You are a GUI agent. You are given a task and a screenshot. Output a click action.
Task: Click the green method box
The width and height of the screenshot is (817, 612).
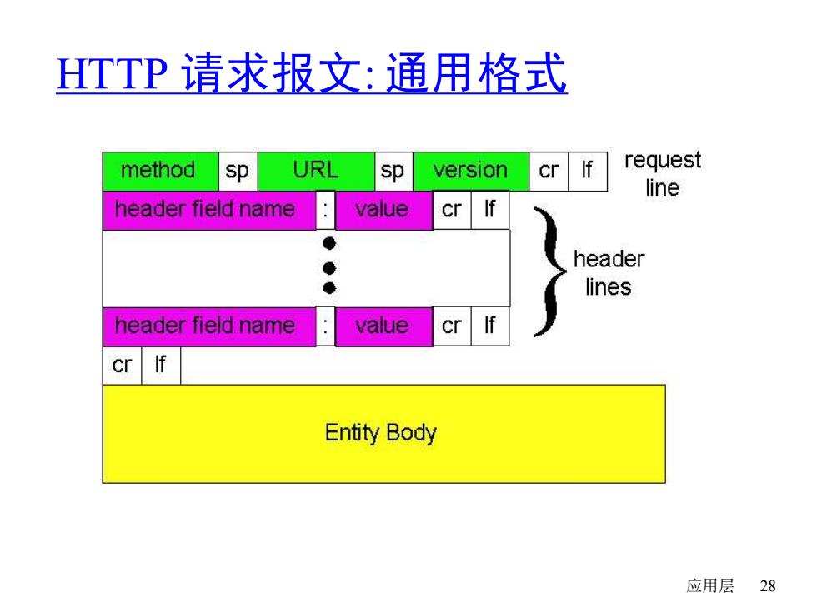pos(160,172)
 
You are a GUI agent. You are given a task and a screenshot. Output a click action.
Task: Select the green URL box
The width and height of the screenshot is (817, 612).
pos(316,172)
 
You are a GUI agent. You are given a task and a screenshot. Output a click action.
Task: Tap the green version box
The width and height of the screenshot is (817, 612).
pos(471,172)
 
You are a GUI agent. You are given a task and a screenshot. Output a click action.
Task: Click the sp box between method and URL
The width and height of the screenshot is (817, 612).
pos(238,172)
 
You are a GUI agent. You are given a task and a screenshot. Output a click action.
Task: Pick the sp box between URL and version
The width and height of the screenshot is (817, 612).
pos(393,172)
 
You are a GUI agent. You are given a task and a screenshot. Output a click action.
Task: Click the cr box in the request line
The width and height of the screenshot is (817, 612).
pos(549,172)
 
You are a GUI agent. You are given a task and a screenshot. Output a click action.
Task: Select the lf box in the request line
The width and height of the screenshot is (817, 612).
pos(588,172)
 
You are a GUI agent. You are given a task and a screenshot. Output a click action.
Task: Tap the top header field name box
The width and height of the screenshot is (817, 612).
pos(209,210)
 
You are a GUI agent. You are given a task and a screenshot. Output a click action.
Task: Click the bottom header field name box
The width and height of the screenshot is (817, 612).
pos(209,326)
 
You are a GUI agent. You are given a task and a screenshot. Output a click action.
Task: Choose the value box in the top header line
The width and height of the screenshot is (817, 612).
pos(384,210)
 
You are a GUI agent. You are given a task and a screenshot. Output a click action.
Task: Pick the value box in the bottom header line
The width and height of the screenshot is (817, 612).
pos(384,326)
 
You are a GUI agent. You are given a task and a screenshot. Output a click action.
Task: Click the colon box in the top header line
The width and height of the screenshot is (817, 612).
pos(326,210)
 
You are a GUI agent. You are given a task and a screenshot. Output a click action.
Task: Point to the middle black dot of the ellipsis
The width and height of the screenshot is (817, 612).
pos(329,268)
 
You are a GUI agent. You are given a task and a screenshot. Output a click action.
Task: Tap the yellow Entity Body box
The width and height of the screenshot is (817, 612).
pos(384,434)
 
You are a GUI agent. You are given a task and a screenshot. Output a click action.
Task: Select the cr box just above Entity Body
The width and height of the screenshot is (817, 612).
pos(122,366)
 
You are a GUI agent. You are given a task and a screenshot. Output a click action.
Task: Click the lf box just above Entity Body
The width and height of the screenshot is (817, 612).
pos(161,366)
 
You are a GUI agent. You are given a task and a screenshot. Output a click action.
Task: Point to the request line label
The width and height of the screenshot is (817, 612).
pos(663,174)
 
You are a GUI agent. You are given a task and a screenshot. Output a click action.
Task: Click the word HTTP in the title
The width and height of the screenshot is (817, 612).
pos(112,73)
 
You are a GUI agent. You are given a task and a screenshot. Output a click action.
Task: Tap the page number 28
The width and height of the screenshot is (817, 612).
pos(768,586)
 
